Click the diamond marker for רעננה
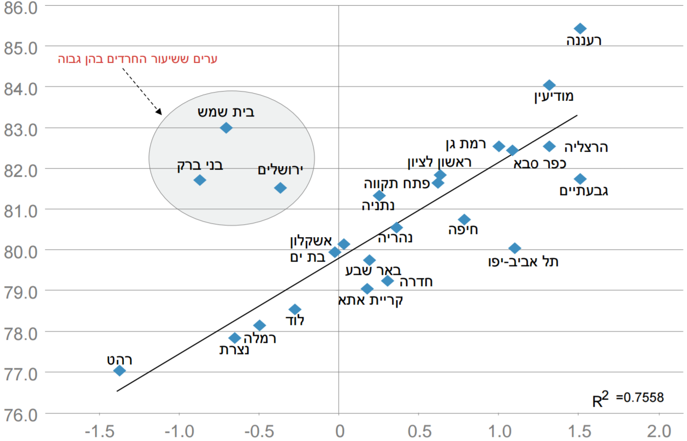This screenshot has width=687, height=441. click(580, 28)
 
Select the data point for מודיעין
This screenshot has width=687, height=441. click(549, 85)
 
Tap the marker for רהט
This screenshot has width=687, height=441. click(119, 370)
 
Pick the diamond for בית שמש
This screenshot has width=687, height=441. click(226, 128)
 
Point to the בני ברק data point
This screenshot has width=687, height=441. click(200, 180)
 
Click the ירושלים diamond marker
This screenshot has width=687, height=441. click(280, 188)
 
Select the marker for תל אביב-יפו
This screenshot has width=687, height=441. click(514, 248)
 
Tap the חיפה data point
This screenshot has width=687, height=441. click(464, 220)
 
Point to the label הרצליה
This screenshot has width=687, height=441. click(586, 147)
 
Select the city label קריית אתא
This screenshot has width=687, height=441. click(371, 299)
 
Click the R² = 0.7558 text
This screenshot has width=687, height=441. click(628, 399)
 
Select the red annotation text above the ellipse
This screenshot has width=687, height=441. click(138, 59)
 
